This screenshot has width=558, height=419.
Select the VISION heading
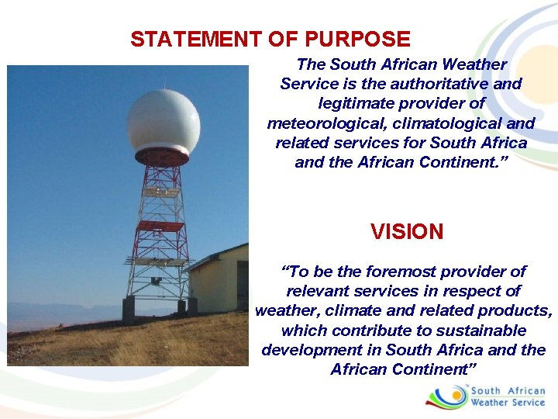tap(407, 232)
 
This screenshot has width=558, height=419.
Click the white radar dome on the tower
tap(163, 120)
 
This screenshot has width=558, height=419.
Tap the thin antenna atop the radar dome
tap(163, 83)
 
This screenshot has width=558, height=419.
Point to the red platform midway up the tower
tap(160, 227)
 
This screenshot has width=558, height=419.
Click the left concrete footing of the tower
tap(128, 308)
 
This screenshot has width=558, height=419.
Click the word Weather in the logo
tap(491, 403)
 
